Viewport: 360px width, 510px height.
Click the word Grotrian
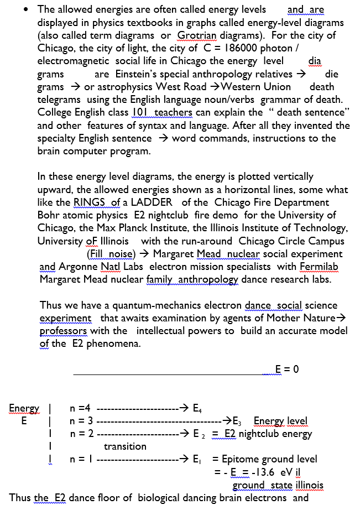click(x=196, y=35)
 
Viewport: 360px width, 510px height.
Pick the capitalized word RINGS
click(x=90, y=202)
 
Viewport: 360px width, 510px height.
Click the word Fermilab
click(x=319, y=267)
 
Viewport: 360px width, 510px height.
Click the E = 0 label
click(x=288, y=369)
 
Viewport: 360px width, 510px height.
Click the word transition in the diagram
click(x=125, y=446)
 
